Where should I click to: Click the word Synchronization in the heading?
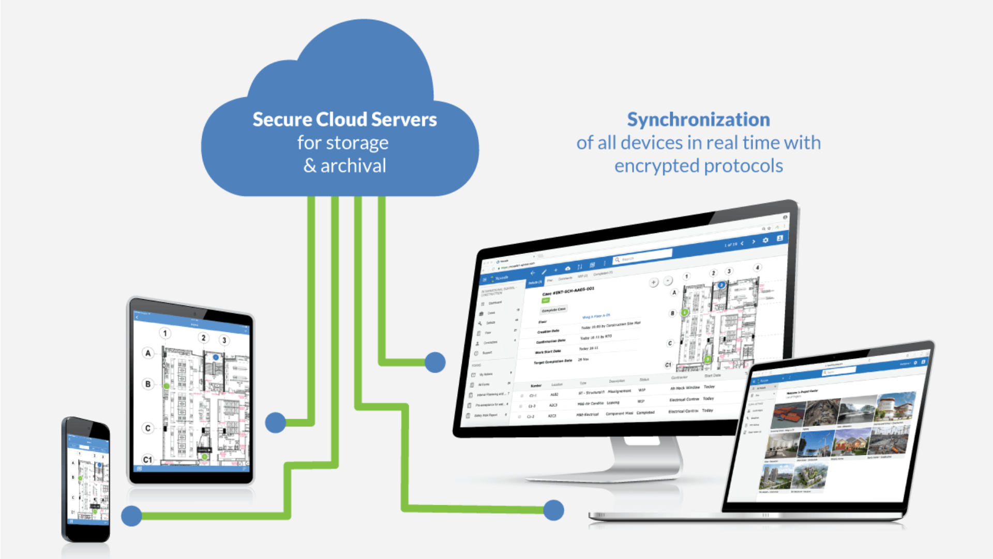pos(698,120)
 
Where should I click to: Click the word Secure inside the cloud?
pos(282,120)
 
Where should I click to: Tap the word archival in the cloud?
pos(353,166)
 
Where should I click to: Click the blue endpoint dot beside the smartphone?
pos(131,516)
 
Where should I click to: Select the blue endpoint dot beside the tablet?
pos(276,422)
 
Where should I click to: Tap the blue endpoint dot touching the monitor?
pos(435,362)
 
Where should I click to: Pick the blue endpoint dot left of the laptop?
pos(553,510)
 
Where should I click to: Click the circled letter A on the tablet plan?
pos(148,353)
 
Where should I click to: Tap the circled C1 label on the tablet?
pos(147,459)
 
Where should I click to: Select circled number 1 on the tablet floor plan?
pos(165,333)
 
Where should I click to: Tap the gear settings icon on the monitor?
pos(765,240)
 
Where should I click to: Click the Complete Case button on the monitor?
pos(553,310)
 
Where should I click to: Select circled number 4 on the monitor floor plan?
pos(757,268)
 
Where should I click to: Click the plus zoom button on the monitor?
pos(654,283)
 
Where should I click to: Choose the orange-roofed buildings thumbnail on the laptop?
pos(788,415)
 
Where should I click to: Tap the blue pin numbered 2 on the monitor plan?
pos(721,285)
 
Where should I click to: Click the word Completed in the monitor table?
pos(645,413)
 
